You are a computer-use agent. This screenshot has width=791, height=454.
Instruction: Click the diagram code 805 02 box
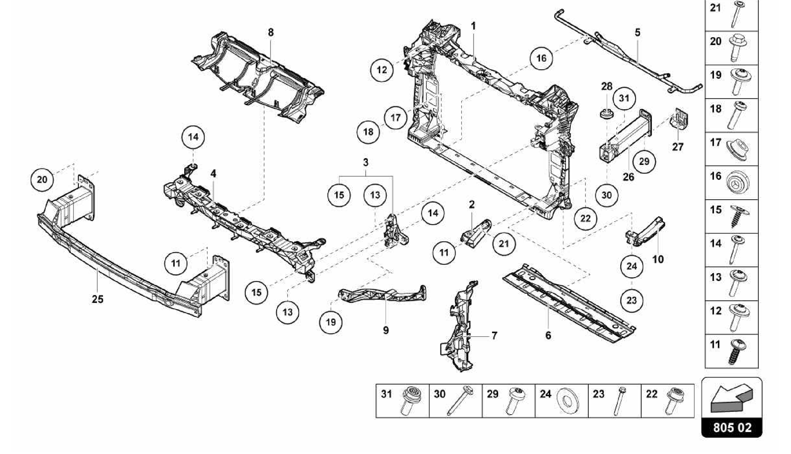[x=732, y=428]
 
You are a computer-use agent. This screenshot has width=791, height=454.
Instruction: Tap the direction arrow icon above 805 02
[x=731, y=400]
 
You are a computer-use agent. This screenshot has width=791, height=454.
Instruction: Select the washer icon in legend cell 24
[x=567, y=400]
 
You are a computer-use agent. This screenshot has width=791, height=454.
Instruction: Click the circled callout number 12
[x=382, y=70]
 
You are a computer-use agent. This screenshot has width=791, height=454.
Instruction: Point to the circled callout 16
[x=541, y=58]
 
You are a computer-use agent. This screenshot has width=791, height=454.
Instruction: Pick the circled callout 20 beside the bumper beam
[x=42, y=180]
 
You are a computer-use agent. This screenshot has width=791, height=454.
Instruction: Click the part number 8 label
[x=270, y=32]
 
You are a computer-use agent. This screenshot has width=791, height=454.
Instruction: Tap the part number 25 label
[x=97, y=299]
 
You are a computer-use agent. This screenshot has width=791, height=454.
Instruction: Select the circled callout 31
[x=624, y=98]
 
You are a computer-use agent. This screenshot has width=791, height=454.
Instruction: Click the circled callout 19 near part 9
[x=331, y=322]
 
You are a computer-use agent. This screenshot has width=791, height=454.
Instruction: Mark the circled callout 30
[x=606, y=195]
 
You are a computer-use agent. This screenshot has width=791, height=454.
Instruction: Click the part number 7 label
[x=494, y=335]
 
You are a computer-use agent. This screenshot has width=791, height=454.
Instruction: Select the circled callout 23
[x=631, y=300]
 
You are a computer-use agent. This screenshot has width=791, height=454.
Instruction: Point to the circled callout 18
[x=368, y=132]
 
